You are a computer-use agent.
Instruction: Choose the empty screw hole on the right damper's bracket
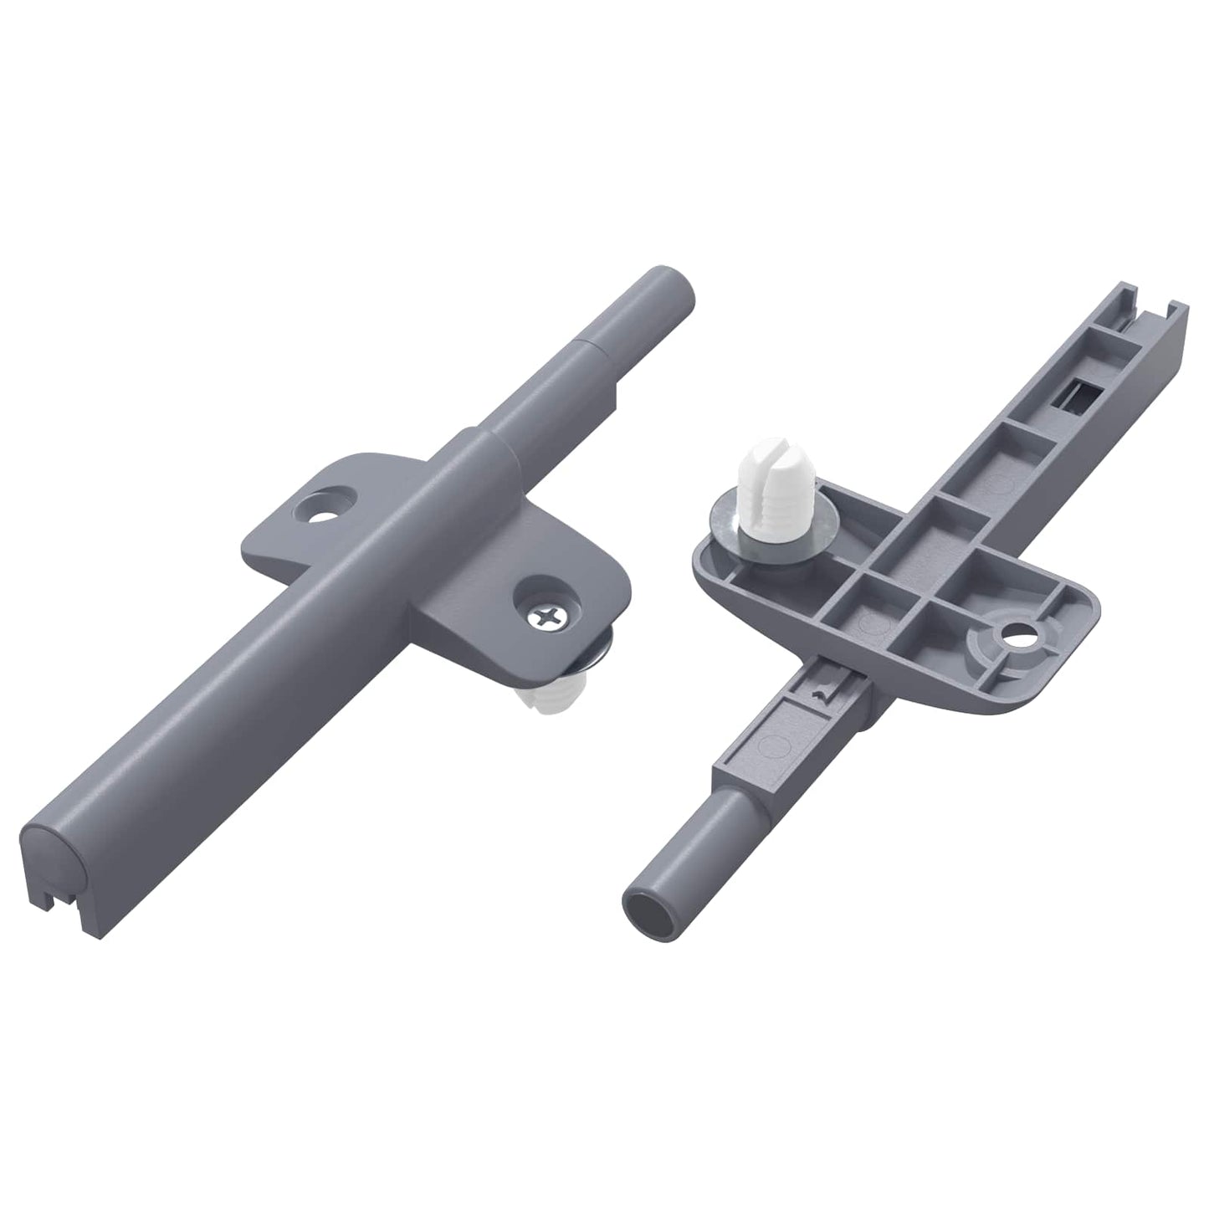(1019, 634)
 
